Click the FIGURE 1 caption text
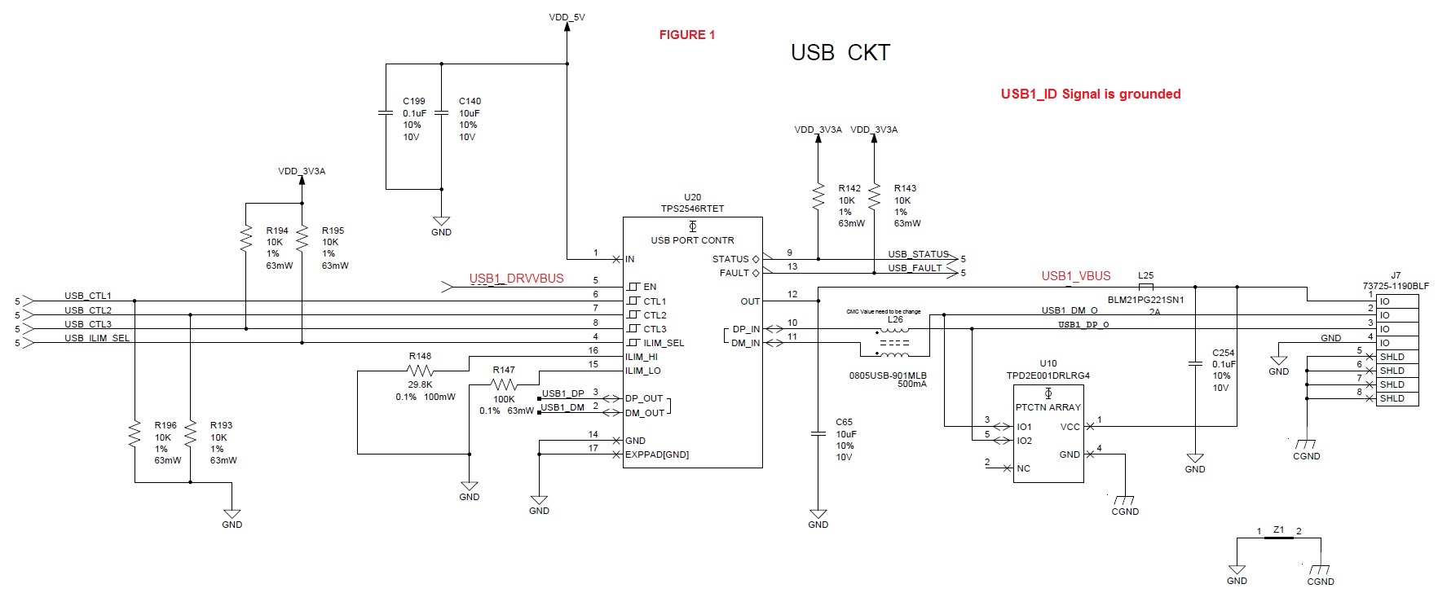(686, 35)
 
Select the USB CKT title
(840, 53)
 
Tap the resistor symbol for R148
(420, 371)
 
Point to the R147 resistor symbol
(505, 384)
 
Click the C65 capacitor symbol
(818, 433)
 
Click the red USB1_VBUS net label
(1075, 276)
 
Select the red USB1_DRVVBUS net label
(516, 279)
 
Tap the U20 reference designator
(692, 197)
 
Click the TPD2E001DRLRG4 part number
(1048, 375)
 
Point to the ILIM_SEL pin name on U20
(664, 343)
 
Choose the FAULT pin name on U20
(734, 273)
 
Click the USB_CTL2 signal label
(88, 310)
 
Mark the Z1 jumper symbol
(1278, 538)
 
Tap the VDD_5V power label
(567, 16)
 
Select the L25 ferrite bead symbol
(1145, 287)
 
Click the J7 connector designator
(1396, 275)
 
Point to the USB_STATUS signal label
(918, 254)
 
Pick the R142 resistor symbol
(818, 196)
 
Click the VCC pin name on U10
(1070, 427)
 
